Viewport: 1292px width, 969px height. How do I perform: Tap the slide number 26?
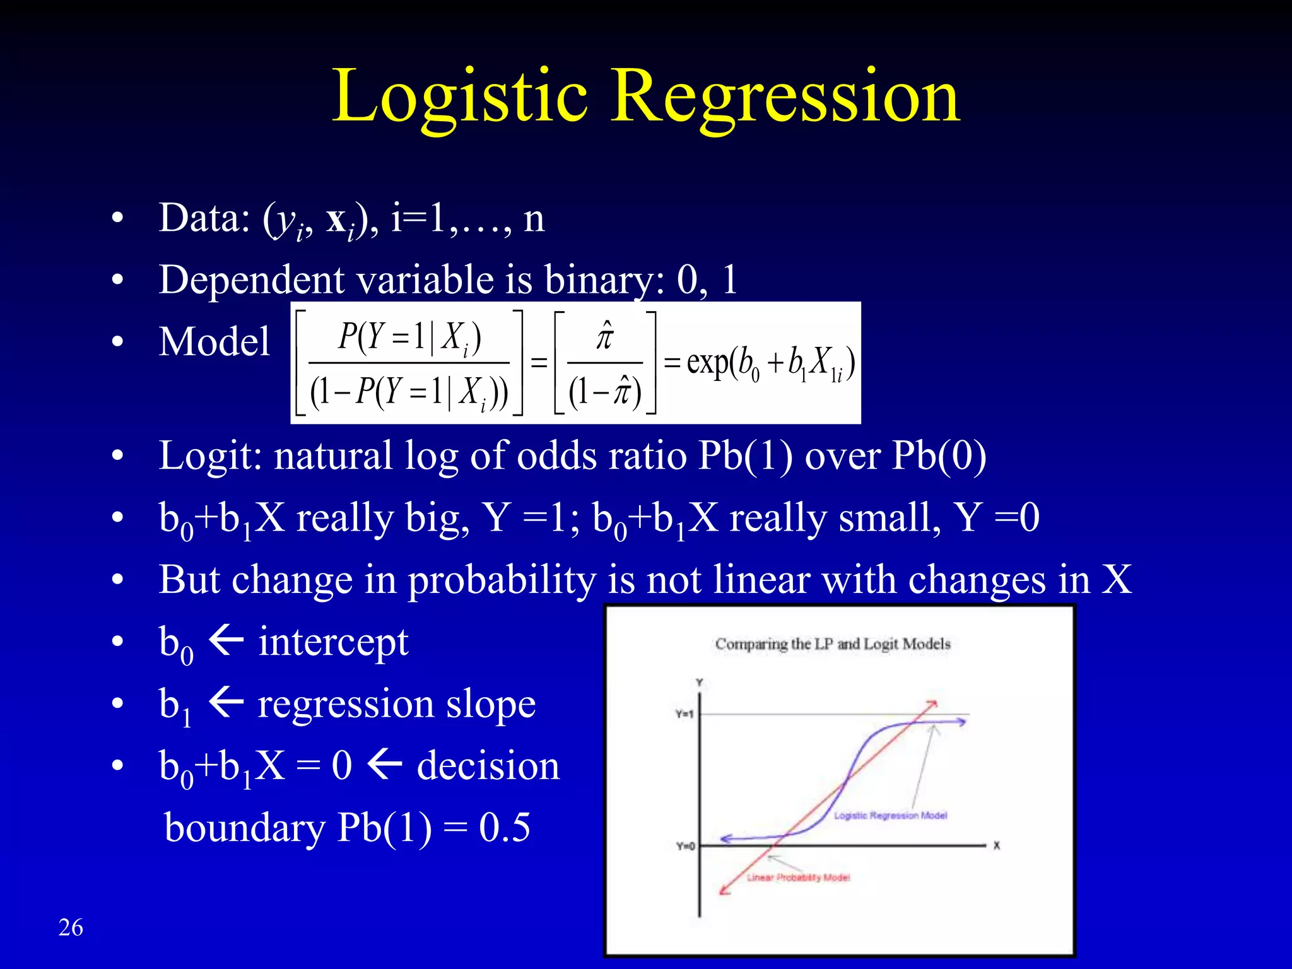click(71, 927)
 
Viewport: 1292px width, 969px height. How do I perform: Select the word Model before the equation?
click(214, 342)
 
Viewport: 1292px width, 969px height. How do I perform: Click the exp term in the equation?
click(707, 362)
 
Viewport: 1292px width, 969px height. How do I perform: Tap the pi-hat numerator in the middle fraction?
click(604, 336)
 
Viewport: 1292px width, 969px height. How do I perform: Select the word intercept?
click(333, 642)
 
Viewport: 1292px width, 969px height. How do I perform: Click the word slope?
click(491, 703)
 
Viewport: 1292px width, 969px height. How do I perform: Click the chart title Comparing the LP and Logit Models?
click(832, 644)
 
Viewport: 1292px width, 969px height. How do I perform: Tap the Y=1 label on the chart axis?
click(684, 714)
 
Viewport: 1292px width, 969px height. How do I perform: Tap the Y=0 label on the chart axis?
click(685, 846)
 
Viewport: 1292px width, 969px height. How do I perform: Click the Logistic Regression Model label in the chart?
click(890, 816)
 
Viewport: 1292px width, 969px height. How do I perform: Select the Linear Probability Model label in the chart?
click(798, 878)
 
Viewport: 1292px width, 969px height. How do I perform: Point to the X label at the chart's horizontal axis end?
click(997, 846)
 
